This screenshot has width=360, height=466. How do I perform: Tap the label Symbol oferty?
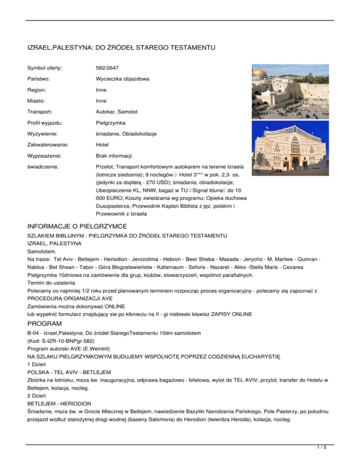[x=45, y=68]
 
